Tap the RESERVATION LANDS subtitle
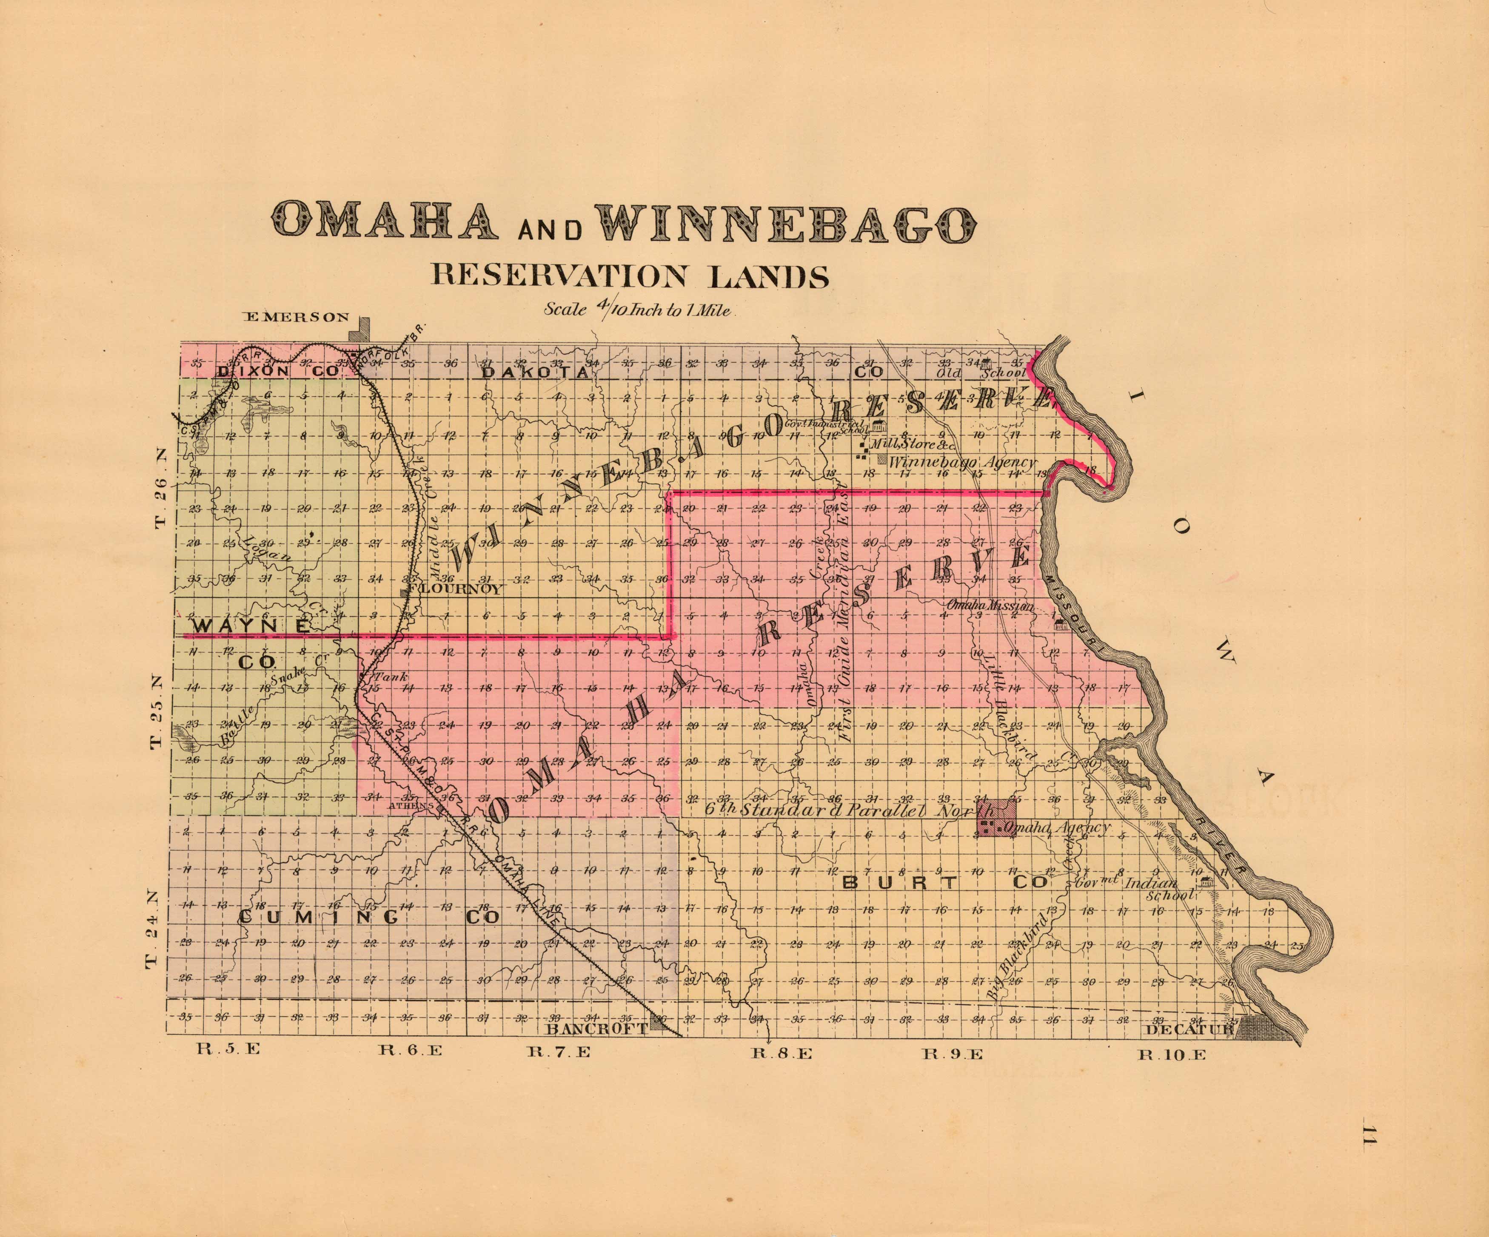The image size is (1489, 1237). (x=630, y=276)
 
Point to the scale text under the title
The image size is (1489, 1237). (x=638, y=310)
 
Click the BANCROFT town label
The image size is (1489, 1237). (x=597, y=1029)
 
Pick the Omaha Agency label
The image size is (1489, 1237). (x=1056, y=827)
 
